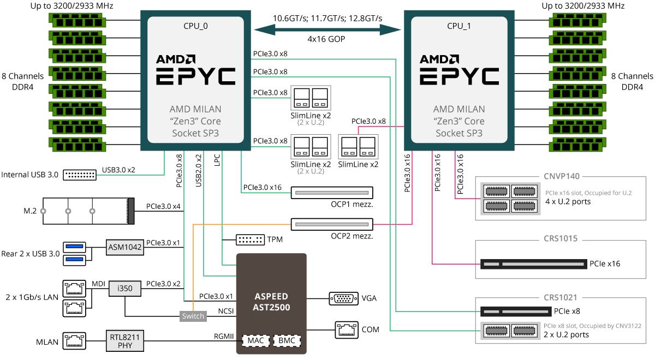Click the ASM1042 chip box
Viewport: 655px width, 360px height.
pyautogui.click(x=125, y=247)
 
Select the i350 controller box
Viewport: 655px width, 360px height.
pyautogui.click(x=125, y=289)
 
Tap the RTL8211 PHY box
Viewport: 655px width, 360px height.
pyautogui.click(x=125, y=341)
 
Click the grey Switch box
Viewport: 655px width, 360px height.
pyautogui.click(x=193, y=316)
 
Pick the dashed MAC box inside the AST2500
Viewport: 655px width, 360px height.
pyautogui.click(x=256, y=341)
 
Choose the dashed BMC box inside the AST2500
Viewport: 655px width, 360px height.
pyautogui.click(x=287, y=341)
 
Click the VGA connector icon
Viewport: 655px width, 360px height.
pyautogui.click(x=343, y=299)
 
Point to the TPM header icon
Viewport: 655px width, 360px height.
pyautogui.click(x=250, y=240)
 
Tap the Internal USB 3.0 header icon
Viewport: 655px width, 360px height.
pyautogui.click(x=80, y=175)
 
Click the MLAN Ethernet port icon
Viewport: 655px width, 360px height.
pyautogui.click(x=74, y=341)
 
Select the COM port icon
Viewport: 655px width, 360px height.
pyautogui.click(x=347, y=330)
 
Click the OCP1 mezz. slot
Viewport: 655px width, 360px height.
pyautogui.click(x=332, y=193)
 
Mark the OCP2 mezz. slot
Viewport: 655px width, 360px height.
pyautogui.click(x=332, y=224)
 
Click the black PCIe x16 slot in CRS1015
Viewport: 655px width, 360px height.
pyautogui.click(x=534, y=264)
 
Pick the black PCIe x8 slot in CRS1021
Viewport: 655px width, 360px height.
pyautogui.click(x=516, y=312)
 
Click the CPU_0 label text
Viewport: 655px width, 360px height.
pyautogui.click(x=195, y=26)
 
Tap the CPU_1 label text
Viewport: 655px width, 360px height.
pyautogui.click(x=459, y=26)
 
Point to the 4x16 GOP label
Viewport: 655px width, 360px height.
pyautogui.click(x=326, y=39)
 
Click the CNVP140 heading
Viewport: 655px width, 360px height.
pyautogui.click(x=562, y=176)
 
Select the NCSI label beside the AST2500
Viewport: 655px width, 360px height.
pyautogui.click(x=226, y=311)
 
